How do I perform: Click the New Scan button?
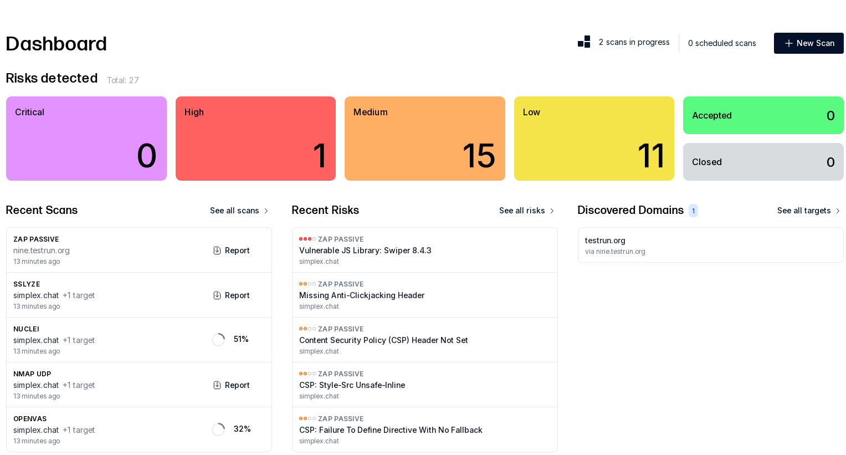(x=809, y=43)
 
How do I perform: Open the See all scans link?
(x=239, y=211)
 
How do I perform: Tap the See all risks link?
(x=526, y=211)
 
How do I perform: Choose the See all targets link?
(x=808, y=211)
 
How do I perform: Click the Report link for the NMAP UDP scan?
(x=232, y=385)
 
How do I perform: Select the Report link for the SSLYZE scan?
(x=232, y=295)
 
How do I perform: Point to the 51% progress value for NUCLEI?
(x=241, y=339)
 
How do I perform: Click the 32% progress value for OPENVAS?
(x=242, y=429)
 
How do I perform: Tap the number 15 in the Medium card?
(x=479, y=156)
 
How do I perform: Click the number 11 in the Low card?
(x=651, y=156)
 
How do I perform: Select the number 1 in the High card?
(x=320, y=156)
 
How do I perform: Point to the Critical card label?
(x=29, y=113)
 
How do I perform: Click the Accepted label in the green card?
(x=712, y=115)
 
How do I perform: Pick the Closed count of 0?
(x=830, y=162)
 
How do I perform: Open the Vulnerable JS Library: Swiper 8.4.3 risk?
(x=365, y=250)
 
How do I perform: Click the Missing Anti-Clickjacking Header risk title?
(x=362, y=295)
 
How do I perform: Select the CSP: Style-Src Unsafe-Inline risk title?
(x=352, y=385)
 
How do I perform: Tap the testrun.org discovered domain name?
(x=605, y=241)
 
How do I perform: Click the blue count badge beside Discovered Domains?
(x=693, y=211)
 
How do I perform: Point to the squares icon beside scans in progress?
(x=584, y=42)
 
